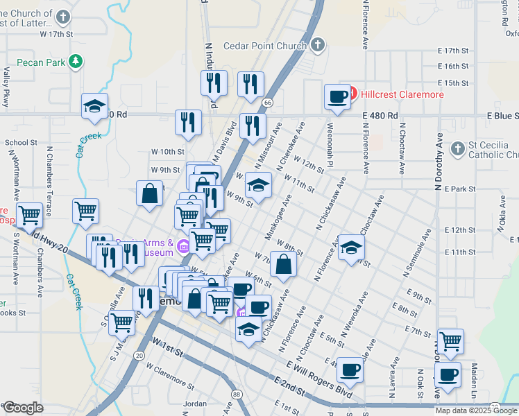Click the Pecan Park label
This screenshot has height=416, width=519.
click(x=40, y=62)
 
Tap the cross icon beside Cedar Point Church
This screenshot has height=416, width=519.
click(x=318, y=46)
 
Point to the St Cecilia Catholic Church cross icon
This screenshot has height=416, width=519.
click(x=457, y=148)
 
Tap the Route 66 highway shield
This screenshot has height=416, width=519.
click(x=267, y=102)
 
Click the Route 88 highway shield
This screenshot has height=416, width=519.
click(x=238, y=395)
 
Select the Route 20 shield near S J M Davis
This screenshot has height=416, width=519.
click(x=139, y=356)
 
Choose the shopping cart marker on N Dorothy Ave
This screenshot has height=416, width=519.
click(x=451, y=341)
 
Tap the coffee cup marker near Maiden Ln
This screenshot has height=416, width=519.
click(x=448, y=375)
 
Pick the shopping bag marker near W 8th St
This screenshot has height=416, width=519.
click(x=283, y=264)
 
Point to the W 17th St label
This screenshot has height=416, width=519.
click(x=56, y=33)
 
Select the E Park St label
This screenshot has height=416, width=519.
click(x=459, y=189)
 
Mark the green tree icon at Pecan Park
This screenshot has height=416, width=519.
click(x=76, y=62)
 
